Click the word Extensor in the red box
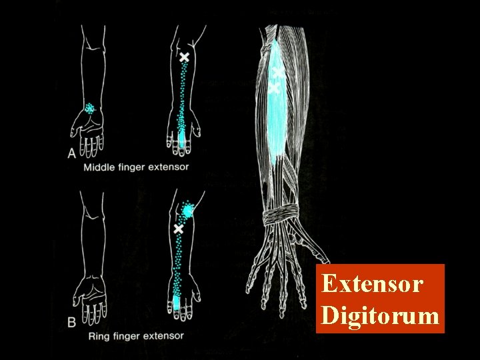coord(372,284)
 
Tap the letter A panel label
coord(72,153)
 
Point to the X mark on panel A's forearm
coord(184,58)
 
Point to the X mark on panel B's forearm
coord(178,229)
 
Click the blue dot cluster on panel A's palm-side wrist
coord(89,108)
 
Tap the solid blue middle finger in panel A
coord(183,140)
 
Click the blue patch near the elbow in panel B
coord(187,211)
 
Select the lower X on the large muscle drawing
coord(273,87)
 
